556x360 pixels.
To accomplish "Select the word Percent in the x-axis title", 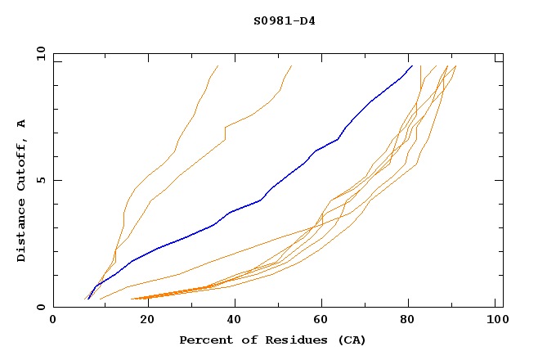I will [204, 340].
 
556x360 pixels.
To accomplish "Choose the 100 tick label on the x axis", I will [496, 320].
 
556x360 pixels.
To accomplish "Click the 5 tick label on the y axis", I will [42, 180].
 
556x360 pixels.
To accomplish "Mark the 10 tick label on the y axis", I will [39, 53].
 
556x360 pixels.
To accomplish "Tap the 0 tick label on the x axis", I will [53, 320].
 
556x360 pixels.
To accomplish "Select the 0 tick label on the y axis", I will [42, 307].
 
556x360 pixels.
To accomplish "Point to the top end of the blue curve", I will [411, 65].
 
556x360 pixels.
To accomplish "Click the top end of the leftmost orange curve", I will [217, 65].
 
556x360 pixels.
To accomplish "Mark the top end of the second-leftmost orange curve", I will [292, 65].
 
